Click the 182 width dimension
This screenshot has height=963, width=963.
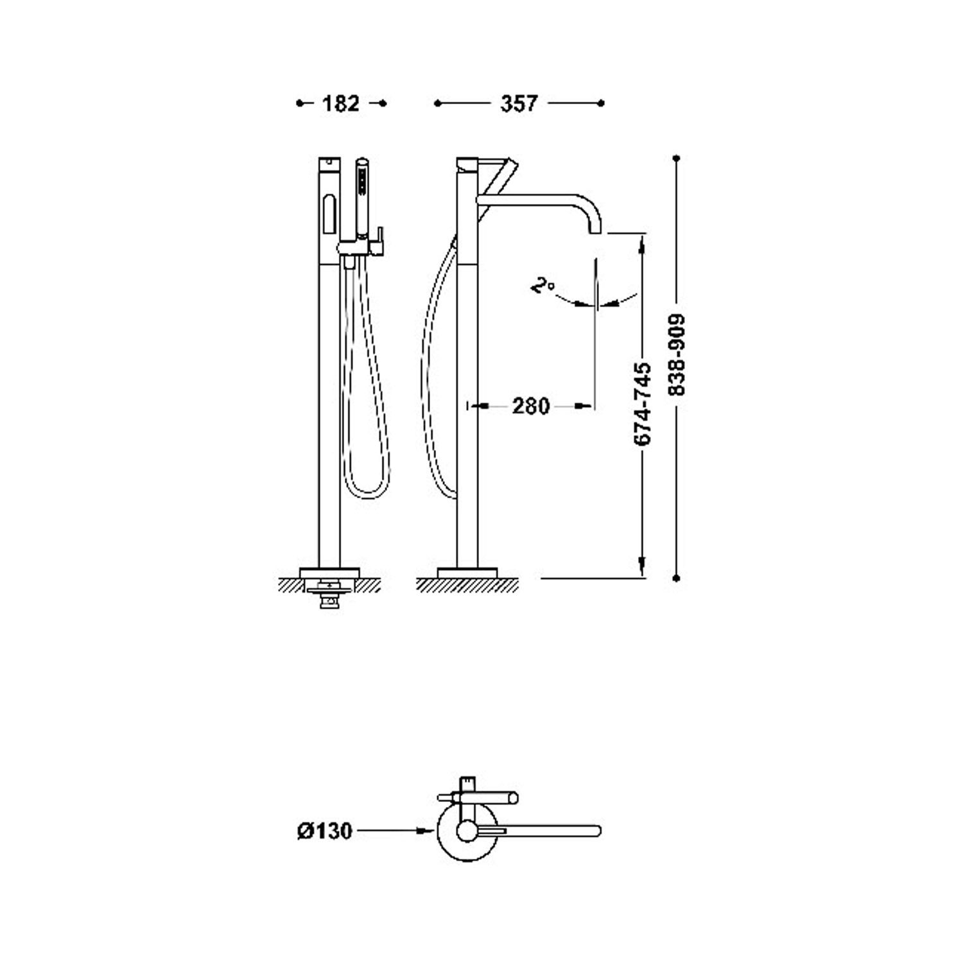340,103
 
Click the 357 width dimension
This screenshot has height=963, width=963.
519,103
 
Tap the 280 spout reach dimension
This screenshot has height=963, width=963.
531,406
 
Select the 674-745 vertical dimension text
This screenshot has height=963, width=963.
643,404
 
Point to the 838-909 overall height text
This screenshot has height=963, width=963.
677,354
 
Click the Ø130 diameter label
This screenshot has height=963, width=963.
325,831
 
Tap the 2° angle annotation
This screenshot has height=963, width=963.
542,286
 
